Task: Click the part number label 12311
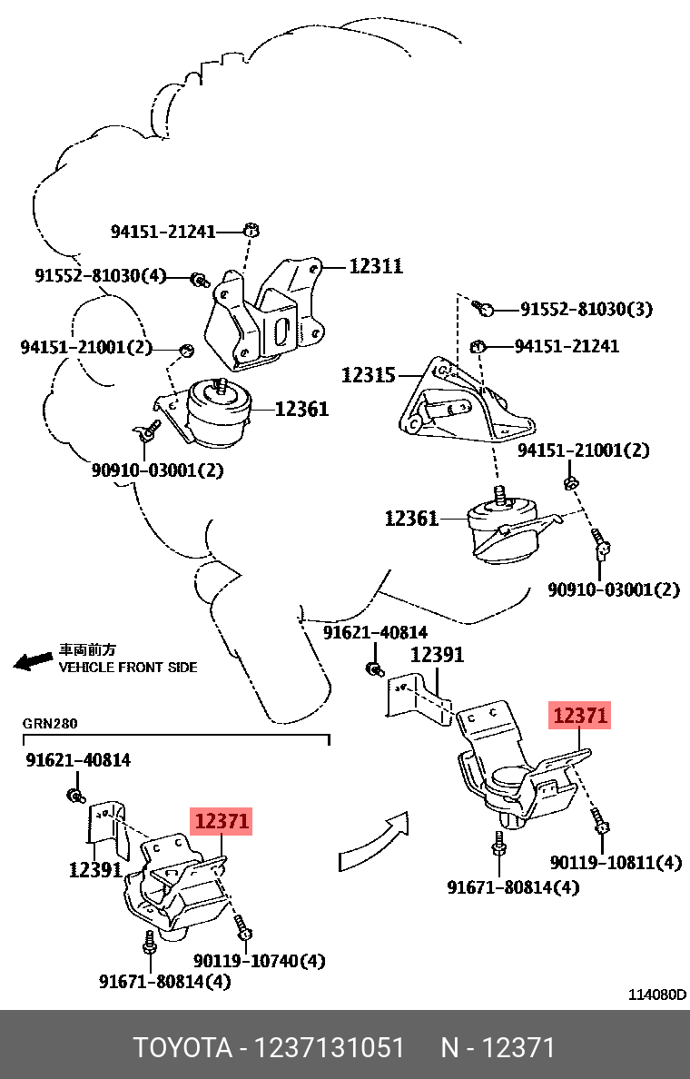click(x=376, y=266)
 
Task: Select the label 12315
click(x=368, y=374)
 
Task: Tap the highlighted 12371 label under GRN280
click(x=222, y=822)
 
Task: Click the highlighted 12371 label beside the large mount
click(x=580, y=716)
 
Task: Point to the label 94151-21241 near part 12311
click(x=163, y=232)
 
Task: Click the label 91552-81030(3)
click(x=586, y=310)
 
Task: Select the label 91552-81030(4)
click(x=101, y=275)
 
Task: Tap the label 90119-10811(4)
click(x=616, y=862)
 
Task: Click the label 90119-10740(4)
click(x=259, y=960)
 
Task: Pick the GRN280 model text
click(x=51, y=724)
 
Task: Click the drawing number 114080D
click(x=657, y=995)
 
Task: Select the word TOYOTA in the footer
click(x=182, y=1047)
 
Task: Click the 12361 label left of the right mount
click(x=411, y=519)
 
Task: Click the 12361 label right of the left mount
click(x=301, y=410)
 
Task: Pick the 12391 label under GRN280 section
click(x=95, y=869)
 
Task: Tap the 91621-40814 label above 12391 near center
click(x=376, y=632)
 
